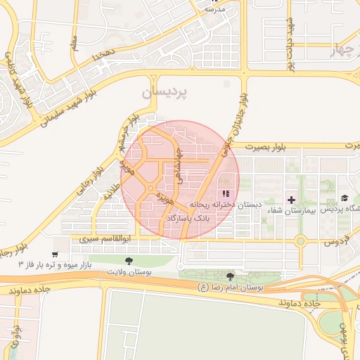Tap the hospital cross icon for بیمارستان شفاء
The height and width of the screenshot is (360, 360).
[291, 200]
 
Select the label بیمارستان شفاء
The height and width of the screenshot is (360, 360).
[291, 211]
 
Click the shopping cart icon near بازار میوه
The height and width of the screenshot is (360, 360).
[56, 254]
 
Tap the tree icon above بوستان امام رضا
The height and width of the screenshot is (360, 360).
[231, 277]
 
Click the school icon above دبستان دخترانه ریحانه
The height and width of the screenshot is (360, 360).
[225, 194]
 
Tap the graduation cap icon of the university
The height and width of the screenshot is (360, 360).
[345, 199]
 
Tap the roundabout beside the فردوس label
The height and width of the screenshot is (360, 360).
[300, 241]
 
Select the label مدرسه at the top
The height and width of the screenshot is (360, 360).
[214, 10]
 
